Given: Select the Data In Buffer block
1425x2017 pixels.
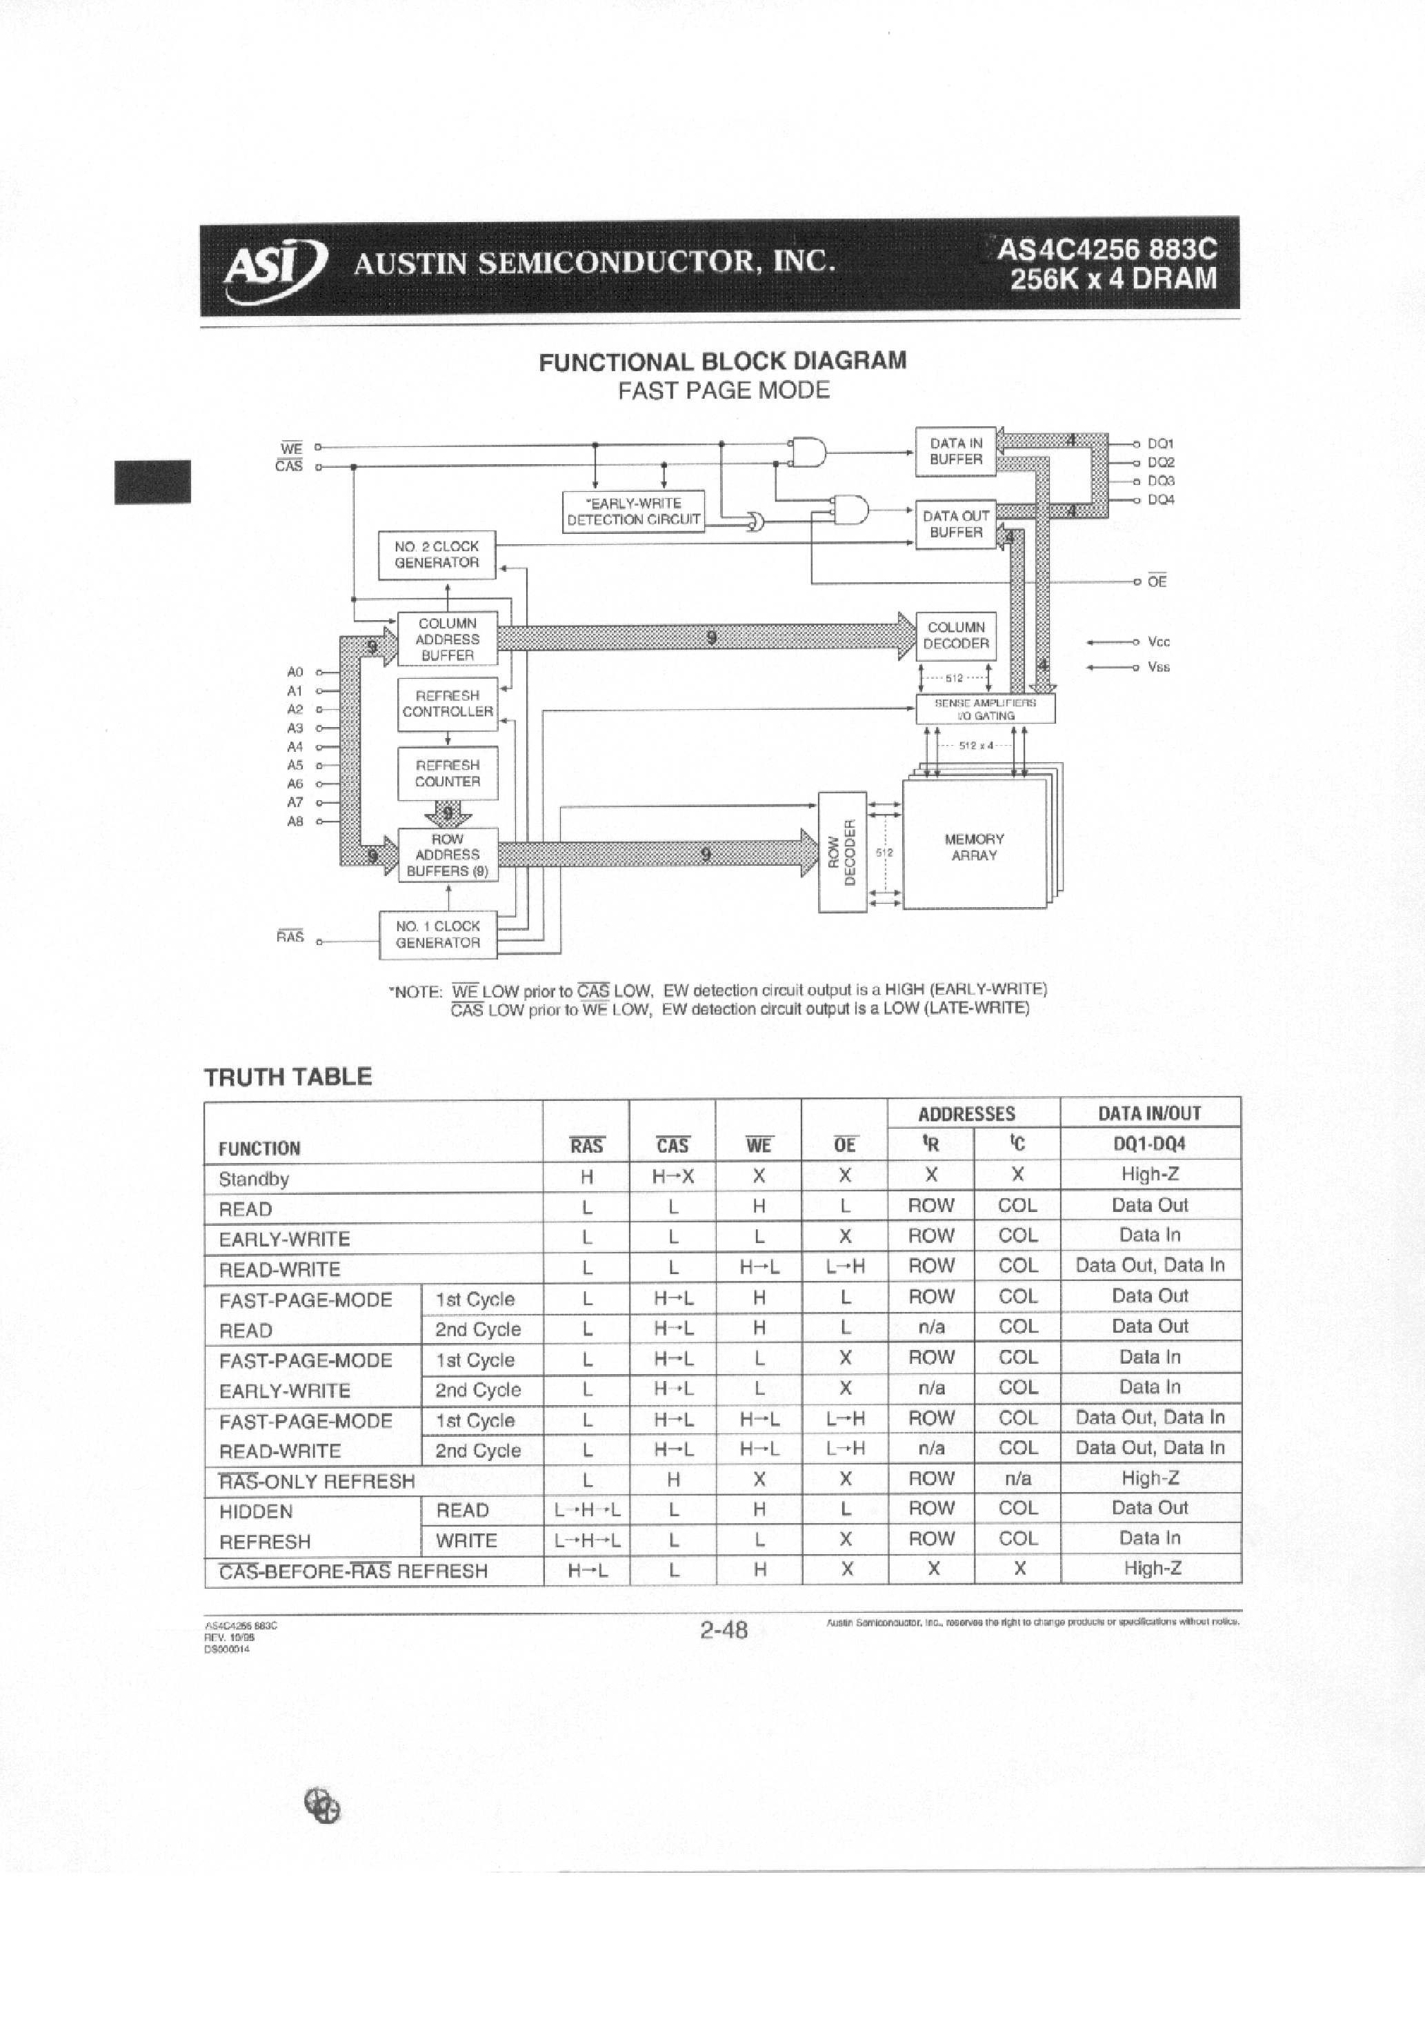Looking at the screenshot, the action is coord(956,452).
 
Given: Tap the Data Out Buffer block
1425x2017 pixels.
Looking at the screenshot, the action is coord(956,524).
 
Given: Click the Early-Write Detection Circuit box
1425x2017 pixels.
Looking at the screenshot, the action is coord(633,511).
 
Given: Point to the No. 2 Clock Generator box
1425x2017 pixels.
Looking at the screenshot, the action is coord(437,555).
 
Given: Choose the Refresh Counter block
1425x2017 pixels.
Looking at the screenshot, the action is coord(447,773).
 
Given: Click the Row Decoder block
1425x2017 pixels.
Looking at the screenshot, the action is coord(841,852).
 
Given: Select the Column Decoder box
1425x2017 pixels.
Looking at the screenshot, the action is coord(956,635).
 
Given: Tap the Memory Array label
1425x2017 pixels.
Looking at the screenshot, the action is coord(973,847).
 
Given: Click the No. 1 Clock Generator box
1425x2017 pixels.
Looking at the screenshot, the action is coord(437,935).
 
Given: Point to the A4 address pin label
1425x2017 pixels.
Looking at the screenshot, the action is coord(295,746).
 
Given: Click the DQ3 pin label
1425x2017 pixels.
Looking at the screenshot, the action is coord(1161,481).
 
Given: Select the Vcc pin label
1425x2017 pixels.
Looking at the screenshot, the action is coord(1159,642).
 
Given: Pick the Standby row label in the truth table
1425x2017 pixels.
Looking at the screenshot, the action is coord(254,1179).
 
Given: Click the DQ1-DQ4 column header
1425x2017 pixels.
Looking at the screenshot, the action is coord(1149,1144).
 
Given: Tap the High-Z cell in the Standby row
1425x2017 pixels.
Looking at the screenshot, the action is coord(1149,1175).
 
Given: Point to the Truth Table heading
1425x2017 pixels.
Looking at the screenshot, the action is coord(288,1077).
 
